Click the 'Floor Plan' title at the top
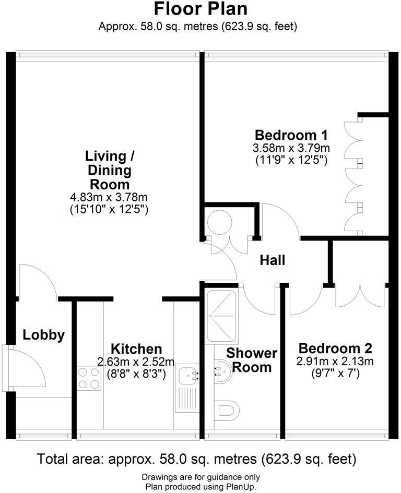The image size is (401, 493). [200, 9]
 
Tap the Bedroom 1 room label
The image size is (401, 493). [291, 134]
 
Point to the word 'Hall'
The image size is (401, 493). [273, 260]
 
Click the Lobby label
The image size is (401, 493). [43, 335]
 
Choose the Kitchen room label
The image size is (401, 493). [136, 348]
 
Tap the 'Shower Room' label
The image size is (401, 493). [252, 360]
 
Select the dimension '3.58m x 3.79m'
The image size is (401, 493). [291, 148]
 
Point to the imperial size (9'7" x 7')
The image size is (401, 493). [335, 374]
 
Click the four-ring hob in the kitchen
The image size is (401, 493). [89, 379]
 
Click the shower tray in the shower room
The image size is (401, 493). [221, 316]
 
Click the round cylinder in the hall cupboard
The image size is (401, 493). [219, 223]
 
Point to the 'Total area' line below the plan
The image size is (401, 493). [197, 459]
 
